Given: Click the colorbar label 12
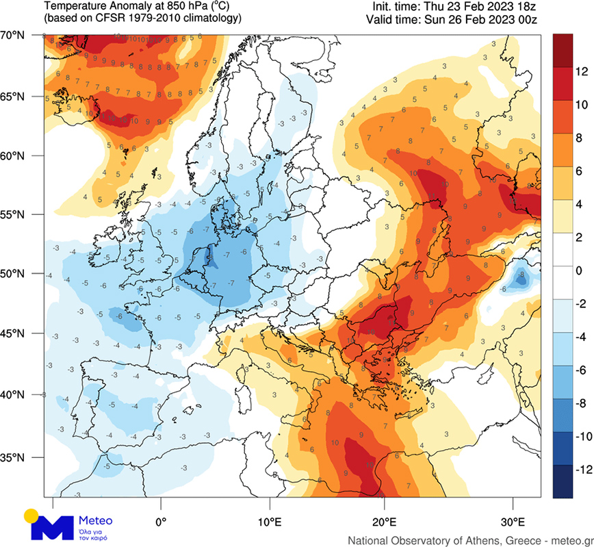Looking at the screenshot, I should pyautogui.click(x=581, y=71).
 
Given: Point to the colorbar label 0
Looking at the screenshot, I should pyautogui.click(x=579, y=270).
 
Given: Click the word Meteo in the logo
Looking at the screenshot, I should pyautogui.click(x=96, y=520).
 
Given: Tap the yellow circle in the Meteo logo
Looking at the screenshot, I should pyautogui.click(x=30, y=515).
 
